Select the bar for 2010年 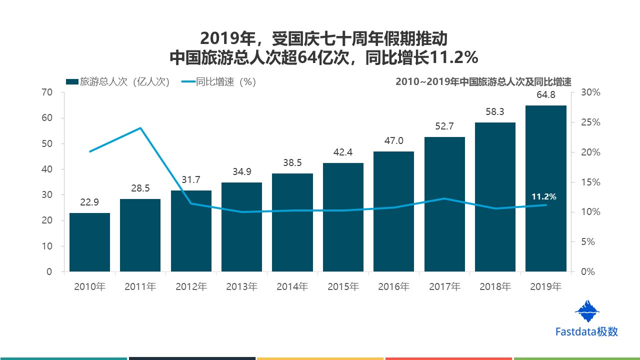pyautogui.click(x=89, y=242)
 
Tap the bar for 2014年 pyautogui.click(x=292, y=222)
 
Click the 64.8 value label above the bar pyautogui.click(x=546, y=95)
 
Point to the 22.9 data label pyautogui.click(x=89, y=202)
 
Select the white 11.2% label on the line pyautogui.click(x=543, y=197)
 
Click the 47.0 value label pyautogui.click(x=393, y=141)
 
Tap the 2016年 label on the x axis pyautogui.click(x=393, y=287)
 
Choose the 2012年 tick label pyautogui.click(x=191, y=287)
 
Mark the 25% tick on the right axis pyautogui.click(x=590, y=122)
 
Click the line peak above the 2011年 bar pyautogui.click(x=140, y=128)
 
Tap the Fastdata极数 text pyautogui.click(x=587, y=331)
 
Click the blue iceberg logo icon pyautogui.click(x=587, y=311)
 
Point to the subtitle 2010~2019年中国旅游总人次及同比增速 pyautogui.click(x=483, y=82)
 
